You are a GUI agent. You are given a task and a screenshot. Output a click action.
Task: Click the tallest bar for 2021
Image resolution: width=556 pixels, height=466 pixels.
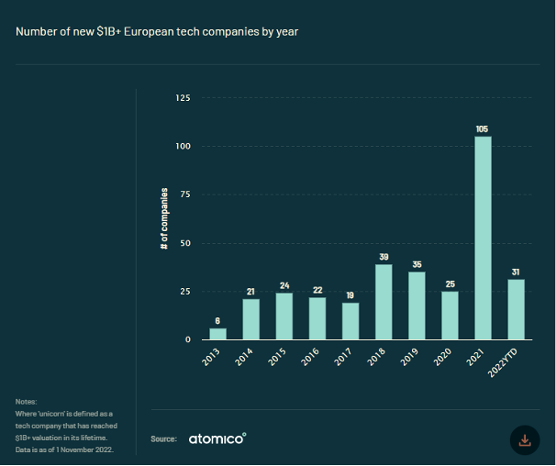(x=483, y=239)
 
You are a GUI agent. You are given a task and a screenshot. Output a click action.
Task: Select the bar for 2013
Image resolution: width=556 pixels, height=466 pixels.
(x=217, y=334)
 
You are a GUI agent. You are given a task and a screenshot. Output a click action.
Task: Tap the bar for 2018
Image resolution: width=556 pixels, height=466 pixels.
(x=384, y=302)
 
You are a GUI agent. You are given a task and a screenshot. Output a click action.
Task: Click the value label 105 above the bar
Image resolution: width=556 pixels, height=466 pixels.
(x=483, y=128)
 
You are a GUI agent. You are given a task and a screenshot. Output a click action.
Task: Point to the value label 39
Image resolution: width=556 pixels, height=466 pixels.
(x=384, y=257)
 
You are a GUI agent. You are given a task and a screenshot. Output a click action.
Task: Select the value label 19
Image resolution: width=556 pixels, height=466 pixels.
(x=350, y=295)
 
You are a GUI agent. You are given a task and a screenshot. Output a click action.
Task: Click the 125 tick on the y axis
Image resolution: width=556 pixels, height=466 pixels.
(x=183, y=98)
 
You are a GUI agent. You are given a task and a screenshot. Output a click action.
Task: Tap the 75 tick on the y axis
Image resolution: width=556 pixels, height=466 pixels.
(x=184, y=194)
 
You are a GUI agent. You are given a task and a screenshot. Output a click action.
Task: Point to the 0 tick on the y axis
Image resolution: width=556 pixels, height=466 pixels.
(x=188, y=339)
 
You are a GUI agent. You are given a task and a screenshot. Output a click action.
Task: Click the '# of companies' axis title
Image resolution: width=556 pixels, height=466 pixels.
(x=164, y=219)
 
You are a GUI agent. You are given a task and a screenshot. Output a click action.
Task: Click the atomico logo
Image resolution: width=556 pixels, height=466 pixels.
(x=217, y=438)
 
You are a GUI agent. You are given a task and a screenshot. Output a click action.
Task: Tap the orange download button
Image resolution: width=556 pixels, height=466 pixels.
(x=525, y=439)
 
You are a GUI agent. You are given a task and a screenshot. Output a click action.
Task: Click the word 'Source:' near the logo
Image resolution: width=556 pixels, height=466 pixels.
(x=163, y=439)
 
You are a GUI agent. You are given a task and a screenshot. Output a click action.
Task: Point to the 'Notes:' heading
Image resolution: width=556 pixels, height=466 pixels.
(x=27, y=402)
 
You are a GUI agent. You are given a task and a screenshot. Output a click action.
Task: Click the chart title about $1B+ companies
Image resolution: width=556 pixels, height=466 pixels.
(x=157, y=32)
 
